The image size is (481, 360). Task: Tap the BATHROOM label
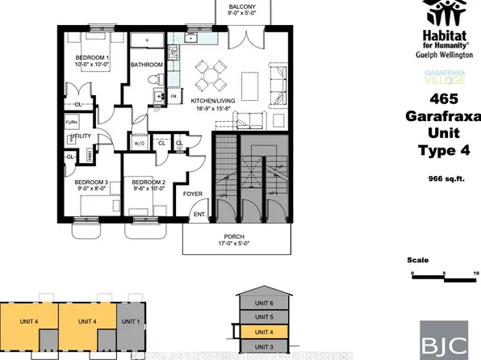pyautogui.click(x=148, y=65)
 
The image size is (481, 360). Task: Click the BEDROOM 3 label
pyautogui.click(x=90, y=183)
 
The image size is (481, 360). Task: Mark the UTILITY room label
pyautogui.click(x=82, y=137)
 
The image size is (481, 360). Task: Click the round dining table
pyautogui.click(x=213, y=77)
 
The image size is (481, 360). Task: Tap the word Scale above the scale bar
pyautogui.click(x=417, y=261)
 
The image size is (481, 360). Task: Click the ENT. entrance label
pyautogui.click(x=197, y=215)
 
